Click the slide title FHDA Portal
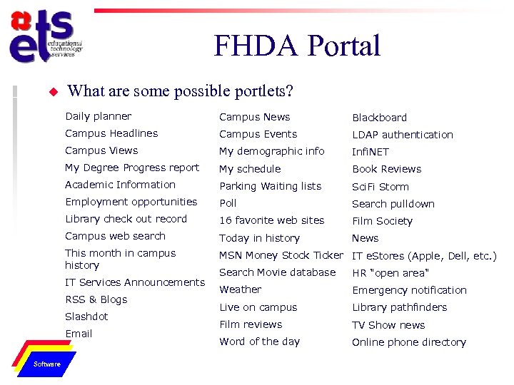[297, 47]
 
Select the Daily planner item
[99, 116]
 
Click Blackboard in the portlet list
[379, 118]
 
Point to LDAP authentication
[402, 135]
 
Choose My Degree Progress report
[132, 168]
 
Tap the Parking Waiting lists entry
[270, 186]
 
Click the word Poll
[228, 203]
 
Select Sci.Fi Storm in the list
[380, 187]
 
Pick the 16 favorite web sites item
[271, 220]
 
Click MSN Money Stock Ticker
[281, 255]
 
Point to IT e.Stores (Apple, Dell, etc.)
[424, 256]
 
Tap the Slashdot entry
[86, 317]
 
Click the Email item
[79, 334]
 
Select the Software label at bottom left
[47, 364]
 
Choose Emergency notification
[409, 290]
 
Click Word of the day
[259, 342]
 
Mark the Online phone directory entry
[408, 342]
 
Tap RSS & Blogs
[96, 299]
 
